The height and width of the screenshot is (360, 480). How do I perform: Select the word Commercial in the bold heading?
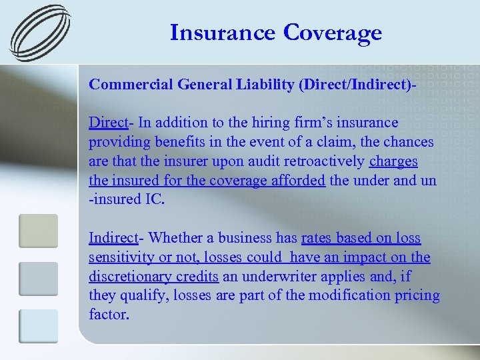[130, 85]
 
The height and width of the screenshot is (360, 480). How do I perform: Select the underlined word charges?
[393, 161]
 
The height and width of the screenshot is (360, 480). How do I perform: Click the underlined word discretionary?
[128, 277]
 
